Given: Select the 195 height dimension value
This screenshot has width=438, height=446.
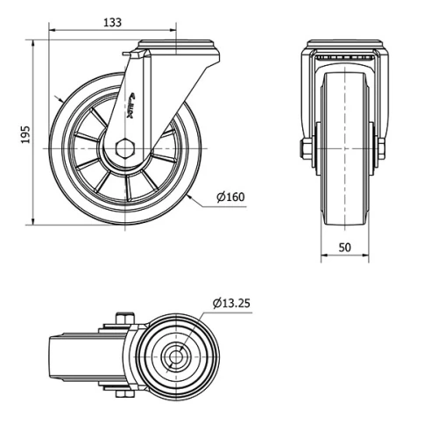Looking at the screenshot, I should coord(25,133).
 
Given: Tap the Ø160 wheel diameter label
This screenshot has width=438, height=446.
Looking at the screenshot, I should coord(230,197).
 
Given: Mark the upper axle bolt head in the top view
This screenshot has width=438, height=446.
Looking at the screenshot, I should coord(124,317).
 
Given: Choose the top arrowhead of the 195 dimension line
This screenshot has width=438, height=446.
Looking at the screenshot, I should coord(35,42).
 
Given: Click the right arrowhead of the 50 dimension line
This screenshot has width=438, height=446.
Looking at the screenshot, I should coord(367,258).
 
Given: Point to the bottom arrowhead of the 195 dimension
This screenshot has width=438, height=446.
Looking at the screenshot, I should coord(35,222).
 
